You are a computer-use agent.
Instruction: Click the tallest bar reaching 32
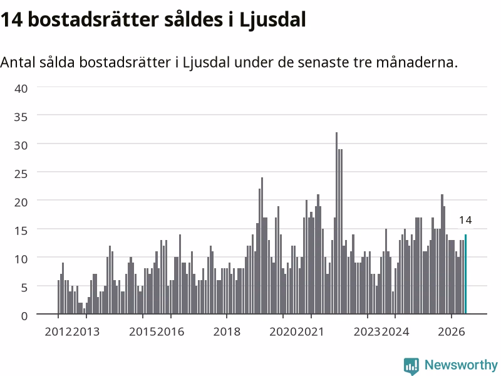point(336,223)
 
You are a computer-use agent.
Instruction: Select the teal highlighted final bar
point(465,274)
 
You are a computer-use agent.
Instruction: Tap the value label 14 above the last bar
point(465,220)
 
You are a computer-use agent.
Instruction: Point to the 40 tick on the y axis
point(21,88)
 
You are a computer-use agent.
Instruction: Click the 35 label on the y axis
point(21,117)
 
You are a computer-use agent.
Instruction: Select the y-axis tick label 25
point(21,174)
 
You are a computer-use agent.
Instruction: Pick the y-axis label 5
point(24,288)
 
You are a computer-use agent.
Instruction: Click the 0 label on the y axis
point(24,316)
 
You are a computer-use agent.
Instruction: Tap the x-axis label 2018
point(227,332)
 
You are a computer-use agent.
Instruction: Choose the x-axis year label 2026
point(451,332)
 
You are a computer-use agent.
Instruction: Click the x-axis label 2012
point(58,332)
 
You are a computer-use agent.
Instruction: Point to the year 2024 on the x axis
point(395,332)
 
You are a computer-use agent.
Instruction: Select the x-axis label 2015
point(143,332)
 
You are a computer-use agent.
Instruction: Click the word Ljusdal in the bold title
point(272,20)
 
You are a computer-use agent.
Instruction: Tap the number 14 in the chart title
point(11,20)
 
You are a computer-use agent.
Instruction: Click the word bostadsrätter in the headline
point(93,19)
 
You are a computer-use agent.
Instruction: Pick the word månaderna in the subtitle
point(416,62)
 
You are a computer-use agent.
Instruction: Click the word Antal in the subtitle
point(18,62)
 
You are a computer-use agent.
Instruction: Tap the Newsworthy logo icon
point(411,365)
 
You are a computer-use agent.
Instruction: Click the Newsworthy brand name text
point(461,365)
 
